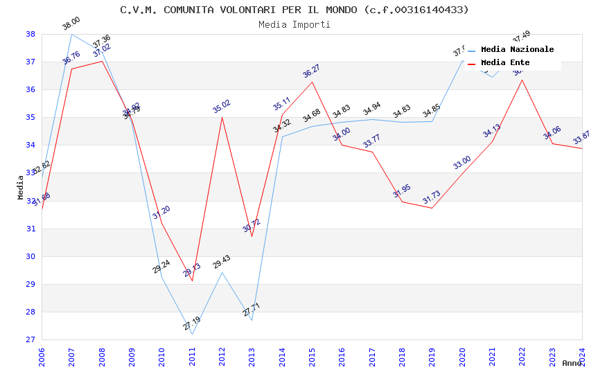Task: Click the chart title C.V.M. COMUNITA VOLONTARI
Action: (294, 10)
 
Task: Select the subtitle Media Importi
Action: (294, 24)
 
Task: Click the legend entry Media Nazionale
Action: (517, 50)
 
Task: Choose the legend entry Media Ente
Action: (504, 62)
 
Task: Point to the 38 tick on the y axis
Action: (30, 34)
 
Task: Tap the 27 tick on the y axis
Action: (30, 339)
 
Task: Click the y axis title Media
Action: (21, 187)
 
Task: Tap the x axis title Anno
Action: (572, 363)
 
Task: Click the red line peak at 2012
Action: (222, 117)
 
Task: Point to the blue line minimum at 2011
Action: (192, 334)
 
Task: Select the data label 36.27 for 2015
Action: (311, 71)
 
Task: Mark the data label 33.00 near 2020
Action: (462, 163)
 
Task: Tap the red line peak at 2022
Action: (522, 80)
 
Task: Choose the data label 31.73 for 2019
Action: (432, 198)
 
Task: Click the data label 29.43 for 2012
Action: (222, 262)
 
